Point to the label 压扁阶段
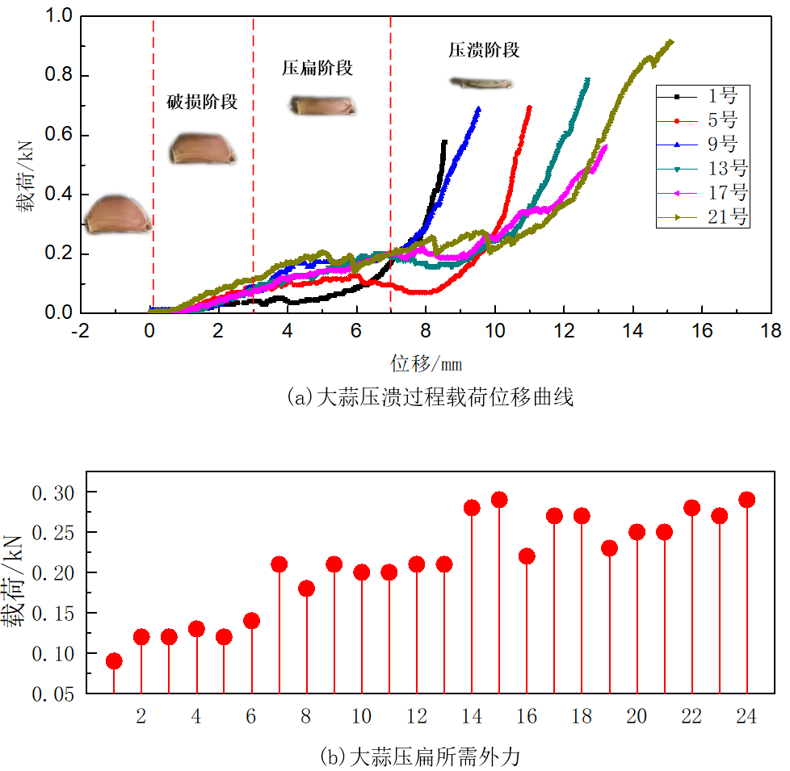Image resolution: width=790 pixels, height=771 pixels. [x=317, y=68]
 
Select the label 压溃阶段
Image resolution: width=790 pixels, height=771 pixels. [x=484, y=50]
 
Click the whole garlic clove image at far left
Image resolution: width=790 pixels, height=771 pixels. [x=118, y=215]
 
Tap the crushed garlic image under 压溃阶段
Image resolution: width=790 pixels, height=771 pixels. [x=481, y=82]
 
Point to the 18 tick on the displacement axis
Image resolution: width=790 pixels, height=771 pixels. [x=771, y=331]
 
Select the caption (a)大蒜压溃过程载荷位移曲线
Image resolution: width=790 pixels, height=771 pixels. [x=431, y=397]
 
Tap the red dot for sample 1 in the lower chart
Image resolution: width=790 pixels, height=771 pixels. [x=114, y=661]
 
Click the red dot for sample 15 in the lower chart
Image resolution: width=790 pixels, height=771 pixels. [x=499, y=500]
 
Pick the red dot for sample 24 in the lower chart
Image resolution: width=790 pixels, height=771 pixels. [x=747, y=500]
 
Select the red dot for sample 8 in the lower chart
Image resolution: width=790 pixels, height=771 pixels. [x=306, y=589]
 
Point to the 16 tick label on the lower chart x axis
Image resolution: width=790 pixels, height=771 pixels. [x=527, y=715]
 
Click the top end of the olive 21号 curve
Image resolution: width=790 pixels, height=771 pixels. [x=670, y=42]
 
